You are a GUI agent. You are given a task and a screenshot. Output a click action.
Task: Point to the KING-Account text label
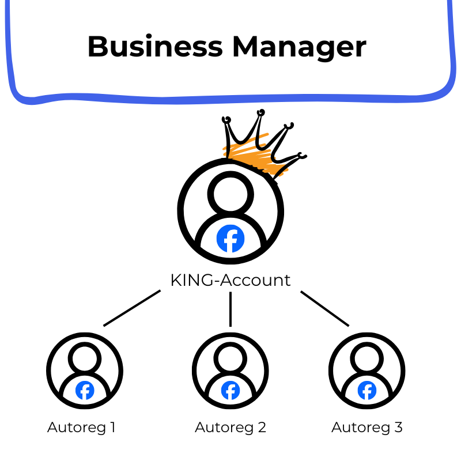point(231,281)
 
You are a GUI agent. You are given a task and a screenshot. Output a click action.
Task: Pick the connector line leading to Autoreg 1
point(131,308)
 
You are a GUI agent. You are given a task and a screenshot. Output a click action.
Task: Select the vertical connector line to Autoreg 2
point(231,309)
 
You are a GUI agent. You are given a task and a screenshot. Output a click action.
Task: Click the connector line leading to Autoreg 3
point(324,308)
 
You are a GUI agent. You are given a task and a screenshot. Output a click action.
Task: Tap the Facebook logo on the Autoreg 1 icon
point(85,391)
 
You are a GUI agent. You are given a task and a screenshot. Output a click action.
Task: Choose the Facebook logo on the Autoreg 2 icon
point(231,391)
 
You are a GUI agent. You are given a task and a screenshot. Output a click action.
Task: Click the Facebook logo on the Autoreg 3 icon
point(367,391)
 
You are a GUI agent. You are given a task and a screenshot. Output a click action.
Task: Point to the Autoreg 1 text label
point(81,428)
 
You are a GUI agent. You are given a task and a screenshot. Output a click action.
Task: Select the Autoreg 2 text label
point(231,428)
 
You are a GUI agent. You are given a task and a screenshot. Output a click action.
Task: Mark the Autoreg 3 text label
point(367,428)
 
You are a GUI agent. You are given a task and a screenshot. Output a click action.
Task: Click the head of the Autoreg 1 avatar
point(85,358)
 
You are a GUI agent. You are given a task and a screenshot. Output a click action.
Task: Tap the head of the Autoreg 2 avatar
point(231,358)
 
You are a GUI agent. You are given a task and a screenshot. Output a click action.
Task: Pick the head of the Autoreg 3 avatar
point(367,358)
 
